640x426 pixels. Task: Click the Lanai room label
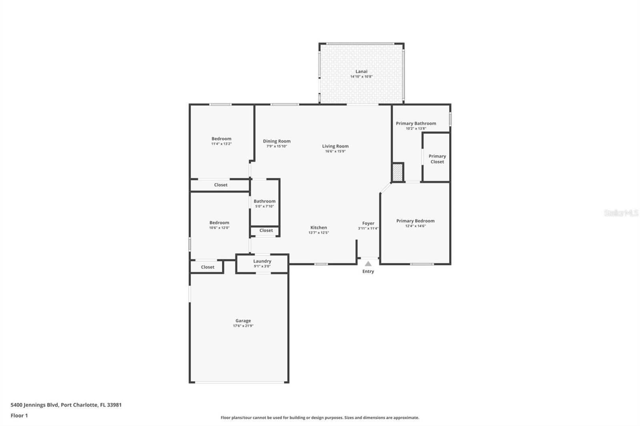[361, 72]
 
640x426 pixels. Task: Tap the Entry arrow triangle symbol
[368, 264]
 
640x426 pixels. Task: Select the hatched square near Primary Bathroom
[397, 173]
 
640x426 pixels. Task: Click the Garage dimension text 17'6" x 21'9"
[243, 326]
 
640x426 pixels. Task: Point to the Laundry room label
[262, 261]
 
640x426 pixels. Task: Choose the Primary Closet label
[437, 159]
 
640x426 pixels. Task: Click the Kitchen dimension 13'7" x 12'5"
[318, 233]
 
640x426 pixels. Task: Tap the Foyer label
[368, 223]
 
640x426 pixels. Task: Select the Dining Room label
[276, 141]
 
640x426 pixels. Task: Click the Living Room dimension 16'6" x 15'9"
[335, 151]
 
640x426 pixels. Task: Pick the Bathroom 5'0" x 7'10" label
[264, 201]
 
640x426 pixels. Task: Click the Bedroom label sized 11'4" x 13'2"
[221, 139]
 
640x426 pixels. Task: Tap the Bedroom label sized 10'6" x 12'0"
[219, 223]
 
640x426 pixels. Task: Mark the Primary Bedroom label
[415, 221]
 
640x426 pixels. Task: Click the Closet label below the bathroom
[266, 230]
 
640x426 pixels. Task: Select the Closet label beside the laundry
[208, 267]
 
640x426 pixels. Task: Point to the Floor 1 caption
[19, 415]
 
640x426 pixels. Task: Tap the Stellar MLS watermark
[621, 213]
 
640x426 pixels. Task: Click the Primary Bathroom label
[416, 123]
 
